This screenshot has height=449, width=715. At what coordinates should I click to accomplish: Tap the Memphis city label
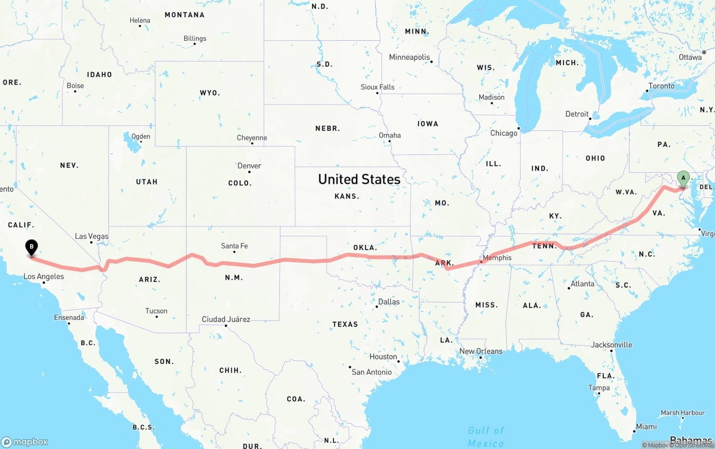click(497, 258)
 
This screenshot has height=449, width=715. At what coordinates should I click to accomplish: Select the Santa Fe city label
click(234, 246)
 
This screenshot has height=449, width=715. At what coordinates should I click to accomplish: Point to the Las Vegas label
click(92, 236)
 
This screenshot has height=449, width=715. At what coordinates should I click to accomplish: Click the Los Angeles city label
click(44, 276)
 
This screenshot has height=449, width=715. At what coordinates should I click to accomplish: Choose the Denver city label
click(249, 166)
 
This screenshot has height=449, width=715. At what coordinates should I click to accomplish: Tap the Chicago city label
click(504, 133)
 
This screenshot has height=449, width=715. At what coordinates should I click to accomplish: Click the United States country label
click(359, 179)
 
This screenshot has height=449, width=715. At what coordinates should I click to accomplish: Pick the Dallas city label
click(389, 301)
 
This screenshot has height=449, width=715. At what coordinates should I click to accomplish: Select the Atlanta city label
click(583, 283)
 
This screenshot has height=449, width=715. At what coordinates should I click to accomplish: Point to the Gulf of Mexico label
click(486, 437)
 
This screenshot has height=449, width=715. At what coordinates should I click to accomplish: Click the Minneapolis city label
click(409, 57)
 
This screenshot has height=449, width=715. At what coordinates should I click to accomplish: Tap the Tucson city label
click(156, 311)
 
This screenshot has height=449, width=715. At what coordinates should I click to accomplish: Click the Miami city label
click(646, 427)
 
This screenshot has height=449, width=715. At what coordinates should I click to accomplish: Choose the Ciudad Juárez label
click(226, 319)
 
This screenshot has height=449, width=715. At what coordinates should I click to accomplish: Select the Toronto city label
click(661, 86)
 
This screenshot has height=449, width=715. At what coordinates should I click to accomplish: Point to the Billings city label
click(195, 39)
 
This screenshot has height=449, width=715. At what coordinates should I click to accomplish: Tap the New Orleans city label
click(481, 351)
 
